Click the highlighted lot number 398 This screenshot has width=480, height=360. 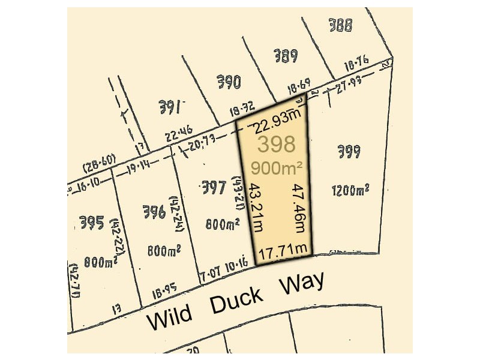click(x=277, y=144)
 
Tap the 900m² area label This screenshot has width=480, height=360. click(x=277, y=168)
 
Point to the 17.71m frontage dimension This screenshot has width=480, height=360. click(x=283, y=248)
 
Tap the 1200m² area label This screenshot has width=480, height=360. click(x=350, y=191)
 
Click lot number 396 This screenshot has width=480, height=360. click(x=155, y=211)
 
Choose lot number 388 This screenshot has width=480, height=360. click(x=340, y=25)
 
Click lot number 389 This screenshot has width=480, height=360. click(x=286, y=57)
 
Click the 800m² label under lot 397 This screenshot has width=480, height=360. click(x=223, y=224)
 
